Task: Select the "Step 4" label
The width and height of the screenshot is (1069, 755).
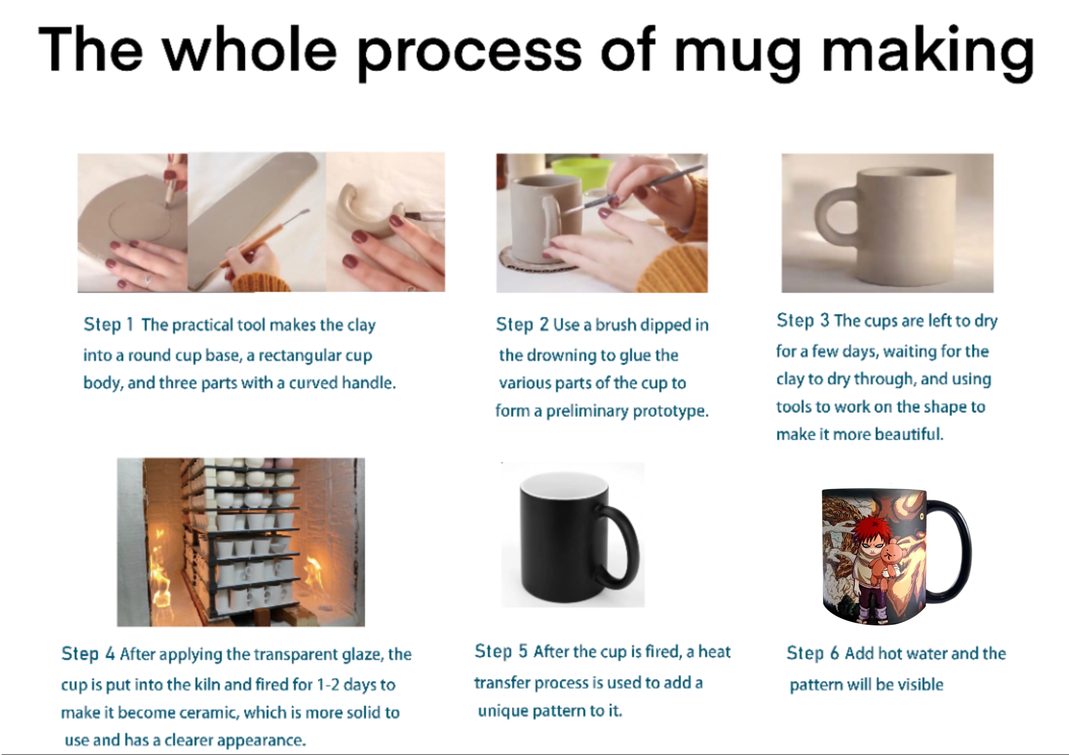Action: pyautogui.click(x=88, y=654)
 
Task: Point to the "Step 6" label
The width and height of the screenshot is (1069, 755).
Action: pyautogui.click(x=813, y=653)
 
